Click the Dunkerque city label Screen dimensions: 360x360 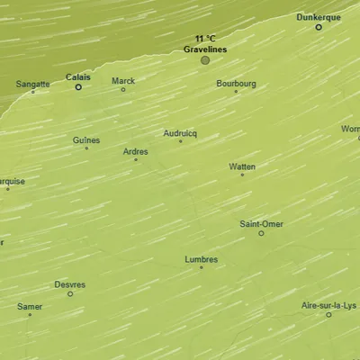point(319,17)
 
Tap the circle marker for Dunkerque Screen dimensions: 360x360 point(319,27)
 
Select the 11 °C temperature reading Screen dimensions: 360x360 point(205,39)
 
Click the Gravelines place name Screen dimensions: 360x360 point(205,49)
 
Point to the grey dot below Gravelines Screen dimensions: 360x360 point(205,60)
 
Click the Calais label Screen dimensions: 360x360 point(78,77)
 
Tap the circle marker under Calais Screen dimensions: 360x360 point(78,87)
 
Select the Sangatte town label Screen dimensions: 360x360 point(33,84)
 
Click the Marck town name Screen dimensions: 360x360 point(123,81)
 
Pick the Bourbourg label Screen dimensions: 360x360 point(236,84)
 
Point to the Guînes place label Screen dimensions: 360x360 point(86,140)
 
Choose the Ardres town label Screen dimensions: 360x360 point(135,151)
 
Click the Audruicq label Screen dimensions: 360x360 point(180,133)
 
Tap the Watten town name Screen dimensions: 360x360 point(242,166)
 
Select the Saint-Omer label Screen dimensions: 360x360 point(261,223)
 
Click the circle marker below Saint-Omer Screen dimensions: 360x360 point(262,233)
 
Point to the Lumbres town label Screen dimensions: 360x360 point(201,259)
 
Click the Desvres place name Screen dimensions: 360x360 point(70,284)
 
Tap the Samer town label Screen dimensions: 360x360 point(30,306)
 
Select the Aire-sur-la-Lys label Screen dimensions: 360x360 point(328,305)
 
